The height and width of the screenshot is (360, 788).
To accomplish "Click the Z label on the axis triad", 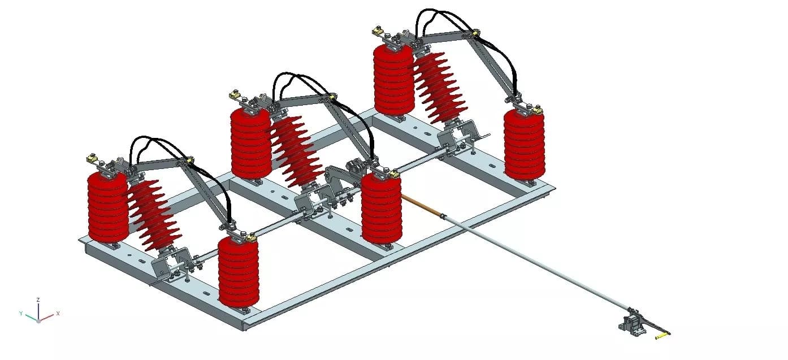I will click(38, 300).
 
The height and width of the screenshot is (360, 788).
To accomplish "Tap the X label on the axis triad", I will click(58, 313).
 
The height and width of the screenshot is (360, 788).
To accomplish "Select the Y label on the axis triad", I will click(20, 313).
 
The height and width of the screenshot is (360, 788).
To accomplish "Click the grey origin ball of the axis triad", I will click(38, 320).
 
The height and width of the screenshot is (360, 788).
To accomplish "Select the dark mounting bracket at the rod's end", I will click(632, 325).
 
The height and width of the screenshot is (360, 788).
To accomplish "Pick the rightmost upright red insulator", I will click(524, 144).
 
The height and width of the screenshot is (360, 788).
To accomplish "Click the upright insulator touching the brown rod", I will click(382, 209).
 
